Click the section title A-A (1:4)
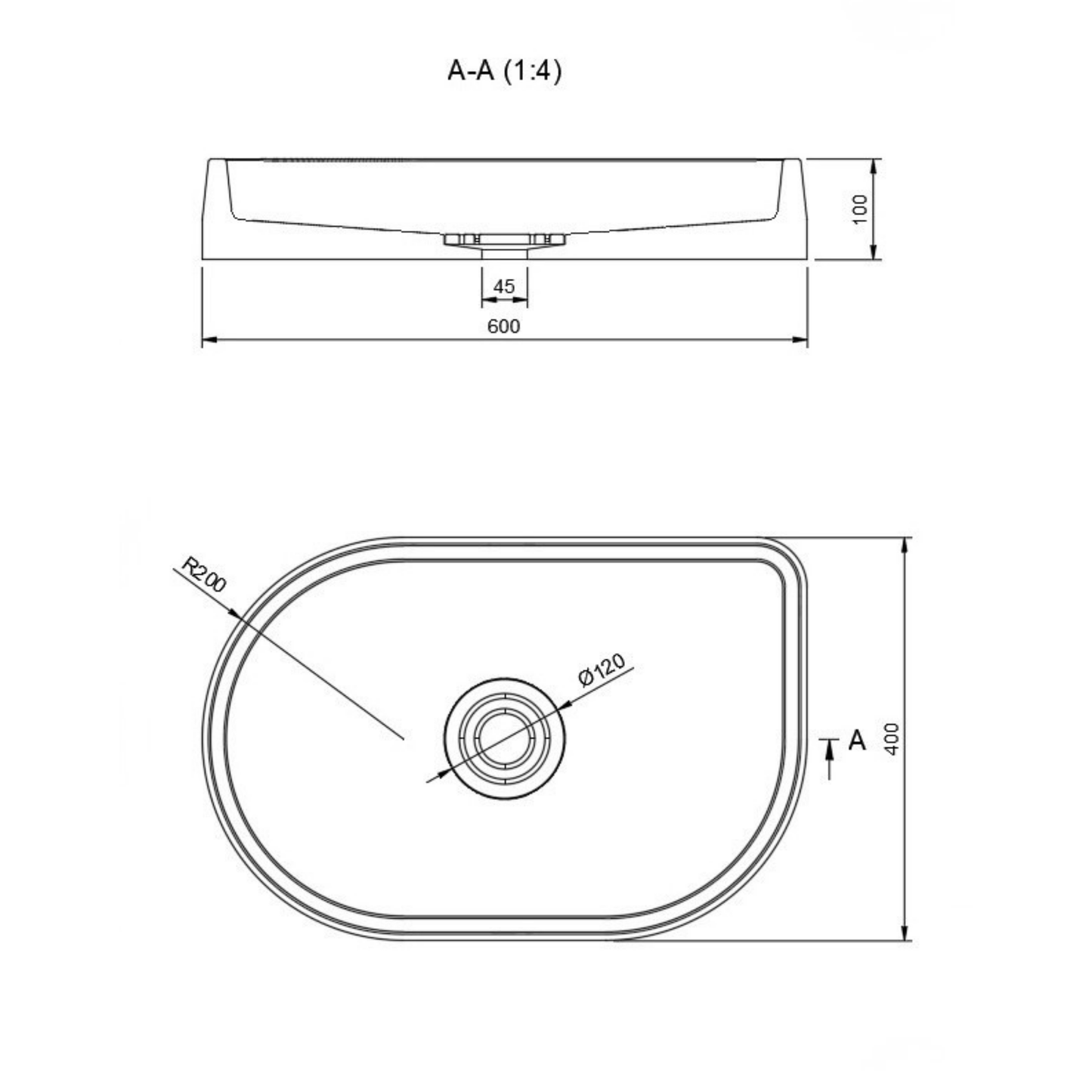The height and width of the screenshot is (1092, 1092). tap(504, 72)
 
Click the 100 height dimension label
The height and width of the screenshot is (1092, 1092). tap(859, 209)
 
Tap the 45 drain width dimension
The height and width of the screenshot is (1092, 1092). tap(504, 286)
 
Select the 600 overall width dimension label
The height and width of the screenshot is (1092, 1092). tap(503, 326)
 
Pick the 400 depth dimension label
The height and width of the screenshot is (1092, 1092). tap(892, 738)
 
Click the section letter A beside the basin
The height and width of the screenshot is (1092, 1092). tap(857, 740)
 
